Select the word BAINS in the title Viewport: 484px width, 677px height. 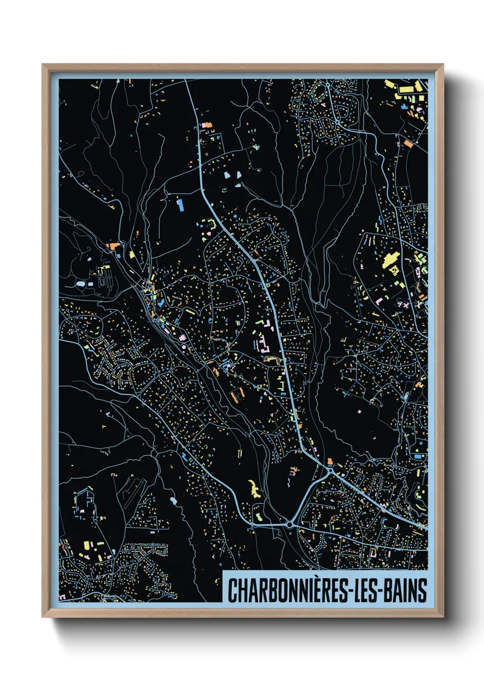[x=404, y=591]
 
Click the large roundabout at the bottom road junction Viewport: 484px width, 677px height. [x=290, y=524]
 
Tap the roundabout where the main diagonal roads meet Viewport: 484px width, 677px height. [x=330, y=470]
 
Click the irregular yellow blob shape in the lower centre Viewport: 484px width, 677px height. [x=253, y=489]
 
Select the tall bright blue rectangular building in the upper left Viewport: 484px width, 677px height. [x=180, y=204]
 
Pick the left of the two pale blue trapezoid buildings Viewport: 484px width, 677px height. [x=228, y=175]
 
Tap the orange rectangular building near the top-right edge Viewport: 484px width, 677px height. [x=408, y=144]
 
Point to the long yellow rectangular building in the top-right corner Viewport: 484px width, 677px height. [x=390, y=84]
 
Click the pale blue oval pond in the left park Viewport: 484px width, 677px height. [x=81, y=284]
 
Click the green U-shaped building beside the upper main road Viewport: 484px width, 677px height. [x=210, y=224]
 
